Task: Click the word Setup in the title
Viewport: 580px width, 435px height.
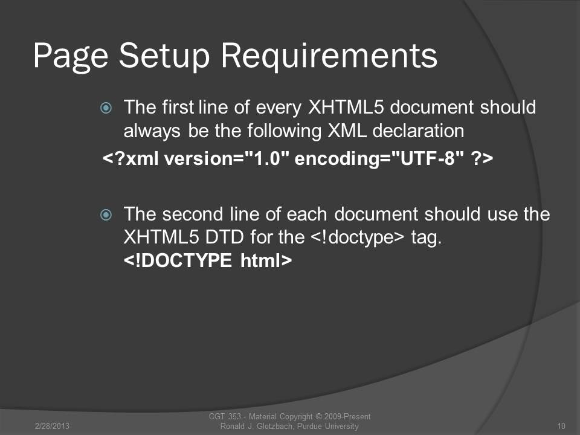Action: [x=164, y=56]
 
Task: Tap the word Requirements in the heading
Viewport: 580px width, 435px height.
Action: [x=329, y=56]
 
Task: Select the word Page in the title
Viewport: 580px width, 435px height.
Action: [x=71, y=56]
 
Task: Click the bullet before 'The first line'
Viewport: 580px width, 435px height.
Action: [x=106, y=108]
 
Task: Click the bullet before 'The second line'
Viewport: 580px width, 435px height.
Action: [x=106, y=214]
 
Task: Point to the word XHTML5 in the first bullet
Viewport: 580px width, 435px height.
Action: [x=346, y=107]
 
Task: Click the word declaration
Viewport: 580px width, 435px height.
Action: [x=418, y=130]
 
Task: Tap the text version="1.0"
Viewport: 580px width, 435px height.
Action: [x=227, y=159]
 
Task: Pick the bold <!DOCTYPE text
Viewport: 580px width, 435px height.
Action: [x=178, y=260]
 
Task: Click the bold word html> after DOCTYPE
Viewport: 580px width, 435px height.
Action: [x=266, y=260]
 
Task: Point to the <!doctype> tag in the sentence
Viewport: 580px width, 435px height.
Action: [x=358, y=237]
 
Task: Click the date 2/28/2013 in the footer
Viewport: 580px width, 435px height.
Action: [x=52, y=426]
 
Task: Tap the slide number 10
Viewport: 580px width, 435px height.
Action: [x=561, y=426]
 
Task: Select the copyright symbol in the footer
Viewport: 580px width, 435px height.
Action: [x=318, y=416]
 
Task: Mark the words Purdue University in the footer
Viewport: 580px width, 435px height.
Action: [x=328, y=426]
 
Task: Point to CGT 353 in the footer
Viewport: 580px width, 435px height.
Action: [x=225, y=416]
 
